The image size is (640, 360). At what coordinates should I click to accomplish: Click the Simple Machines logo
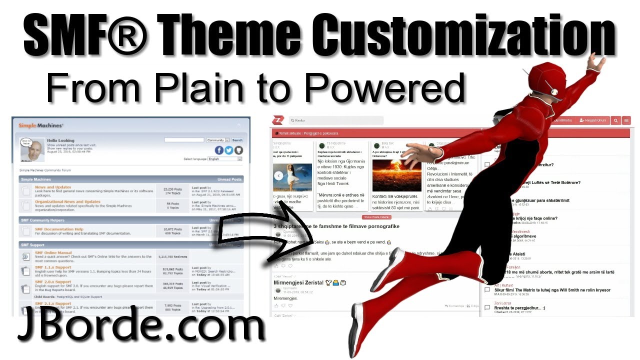coord(41,125)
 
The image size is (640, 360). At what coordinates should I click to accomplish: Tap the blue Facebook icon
coord(219,150)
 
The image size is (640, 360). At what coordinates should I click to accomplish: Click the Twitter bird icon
coord(229,150)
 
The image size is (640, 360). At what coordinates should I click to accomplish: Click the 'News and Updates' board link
coord(53,187)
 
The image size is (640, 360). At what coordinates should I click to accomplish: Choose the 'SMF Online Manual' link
coord(53,253)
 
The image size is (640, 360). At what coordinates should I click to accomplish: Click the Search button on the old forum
coord(237,140)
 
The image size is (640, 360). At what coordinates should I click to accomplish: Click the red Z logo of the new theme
coord(277,120)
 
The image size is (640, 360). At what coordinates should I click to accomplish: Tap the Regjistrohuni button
coord(592,120)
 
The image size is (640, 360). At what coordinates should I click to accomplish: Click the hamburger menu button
coord(626,120)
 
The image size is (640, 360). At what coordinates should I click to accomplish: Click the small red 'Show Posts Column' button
coord(376,217)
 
